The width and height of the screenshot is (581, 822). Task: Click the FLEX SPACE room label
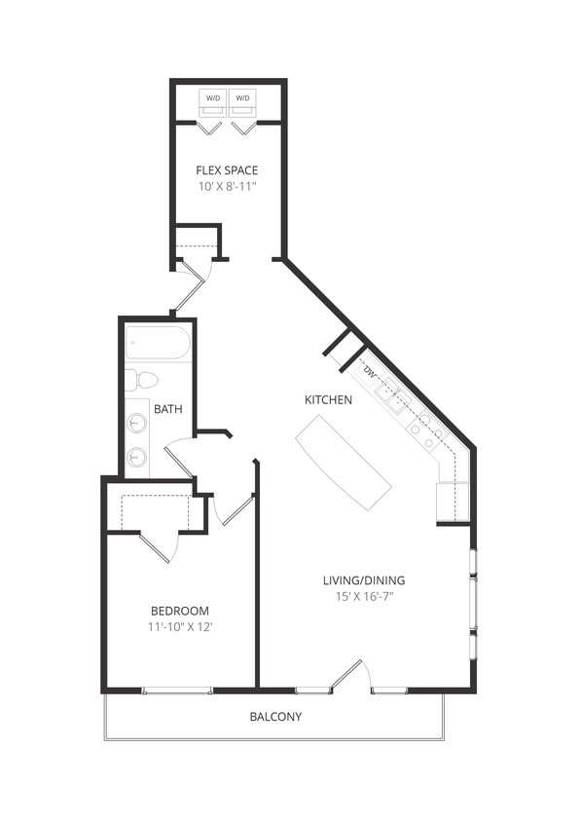coord(227,170)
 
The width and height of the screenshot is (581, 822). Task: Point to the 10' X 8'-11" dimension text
coord(227,186)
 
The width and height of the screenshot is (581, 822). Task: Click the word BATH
coord(167,409)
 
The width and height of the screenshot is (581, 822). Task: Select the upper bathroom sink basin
coord(137,424)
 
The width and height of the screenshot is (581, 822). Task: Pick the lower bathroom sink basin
coord(137,456)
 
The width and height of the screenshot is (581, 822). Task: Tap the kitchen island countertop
coord(344,462)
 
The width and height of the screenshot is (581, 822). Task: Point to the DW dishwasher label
coord(369,372)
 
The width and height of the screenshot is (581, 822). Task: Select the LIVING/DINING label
coord(364,580)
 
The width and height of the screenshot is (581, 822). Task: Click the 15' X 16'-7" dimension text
coord(364,596)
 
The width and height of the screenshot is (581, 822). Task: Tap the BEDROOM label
coord(179,611)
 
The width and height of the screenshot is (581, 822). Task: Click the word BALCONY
coord(275,717)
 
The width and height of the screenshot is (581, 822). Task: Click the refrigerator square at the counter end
coord(453,502)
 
